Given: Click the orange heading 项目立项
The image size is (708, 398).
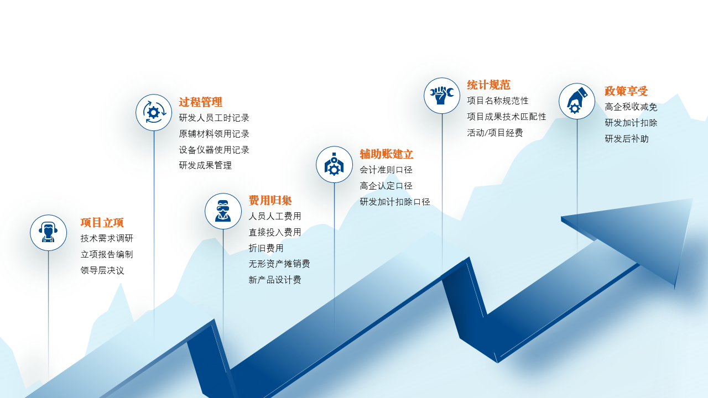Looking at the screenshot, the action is [x=102, y=222].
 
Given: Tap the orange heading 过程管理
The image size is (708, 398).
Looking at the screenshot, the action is [x=200, y=102].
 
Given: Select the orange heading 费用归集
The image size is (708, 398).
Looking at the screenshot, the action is [x=270, y=200].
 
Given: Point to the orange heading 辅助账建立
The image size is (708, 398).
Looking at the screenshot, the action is [x=386, y=154].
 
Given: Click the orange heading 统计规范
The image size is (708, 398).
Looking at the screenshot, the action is [x=488, y=85].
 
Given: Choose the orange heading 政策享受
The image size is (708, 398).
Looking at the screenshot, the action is [x=626, y=91].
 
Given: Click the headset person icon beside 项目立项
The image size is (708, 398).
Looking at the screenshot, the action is [x=48, y=233].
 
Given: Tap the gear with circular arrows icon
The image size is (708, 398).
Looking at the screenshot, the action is [x=154, y=112].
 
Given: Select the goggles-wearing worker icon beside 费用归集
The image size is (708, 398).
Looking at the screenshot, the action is [x=223, y=211].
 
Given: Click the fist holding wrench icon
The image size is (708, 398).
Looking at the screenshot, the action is [x=442, y=96].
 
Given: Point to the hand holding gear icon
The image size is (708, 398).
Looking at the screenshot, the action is [x=577, y=101].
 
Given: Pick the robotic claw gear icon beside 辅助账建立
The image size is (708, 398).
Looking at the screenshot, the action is [x=335, y=164].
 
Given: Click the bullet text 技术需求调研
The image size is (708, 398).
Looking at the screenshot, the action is [x=107, y=238].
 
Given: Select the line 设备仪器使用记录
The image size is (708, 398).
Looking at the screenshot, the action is [x=214, y=150].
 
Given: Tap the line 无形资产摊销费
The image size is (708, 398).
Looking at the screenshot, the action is [x=279, y=264].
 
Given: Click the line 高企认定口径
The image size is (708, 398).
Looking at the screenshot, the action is [x=386, y=186].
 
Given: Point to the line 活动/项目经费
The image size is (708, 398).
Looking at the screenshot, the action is [x=495, y=133].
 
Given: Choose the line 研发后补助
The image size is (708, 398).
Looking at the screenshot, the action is [x=627, y=139].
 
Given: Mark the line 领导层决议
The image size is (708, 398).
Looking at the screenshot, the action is [x=102, y=270].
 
